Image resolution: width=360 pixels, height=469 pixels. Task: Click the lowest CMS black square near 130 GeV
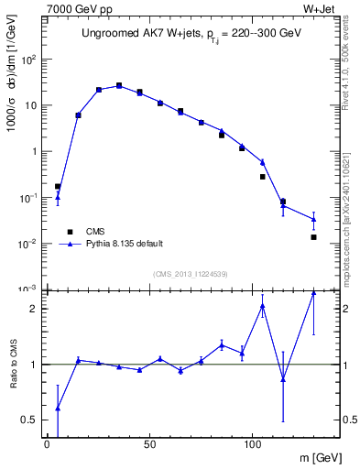313,237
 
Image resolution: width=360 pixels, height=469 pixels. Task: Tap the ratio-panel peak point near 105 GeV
263,306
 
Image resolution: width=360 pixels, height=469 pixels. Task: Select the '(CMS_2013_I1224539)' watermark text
179,274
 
